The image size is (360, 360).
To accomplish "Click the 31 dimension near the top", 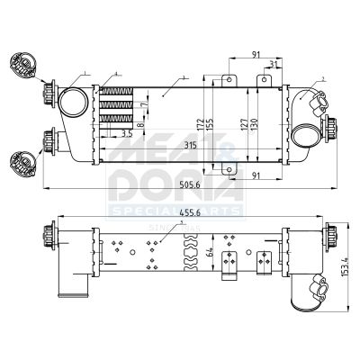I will [x=272, y=63].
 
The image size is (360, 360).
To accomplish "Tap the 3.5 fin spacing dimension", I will [x=126, y=132].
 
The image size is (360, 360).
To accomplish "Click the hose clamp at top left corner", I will [x=21, y=64].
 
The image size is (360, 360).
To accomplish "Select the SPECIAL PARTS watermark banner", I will [x=175, y=211].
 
